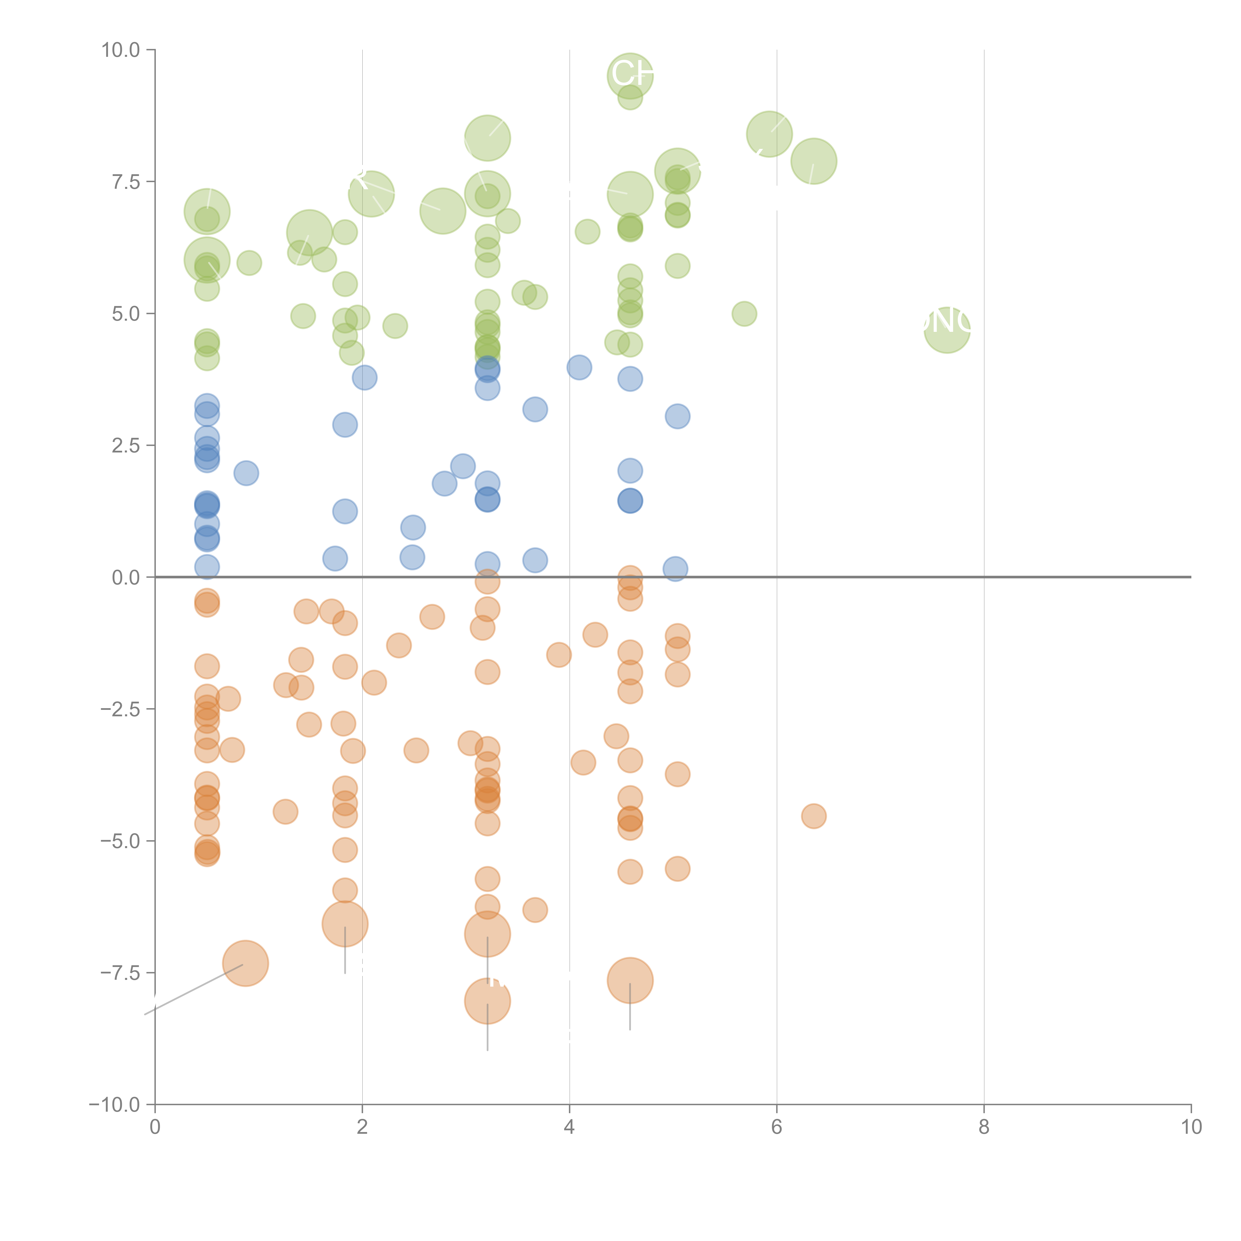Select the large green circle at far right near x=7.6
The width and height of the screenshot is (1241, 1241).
(x=947, y=330)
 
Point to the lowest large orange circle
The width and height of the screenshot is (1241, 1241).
(x=487, y=1001)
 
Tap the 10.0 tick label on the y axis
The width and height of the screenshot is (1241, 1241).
(x=121, y=50)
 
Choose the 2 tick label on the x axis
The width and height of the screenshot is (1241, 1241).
(x=362, y=1127)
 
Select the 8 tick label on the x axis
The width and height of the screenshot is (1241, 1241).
(x=984, y=1127)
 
